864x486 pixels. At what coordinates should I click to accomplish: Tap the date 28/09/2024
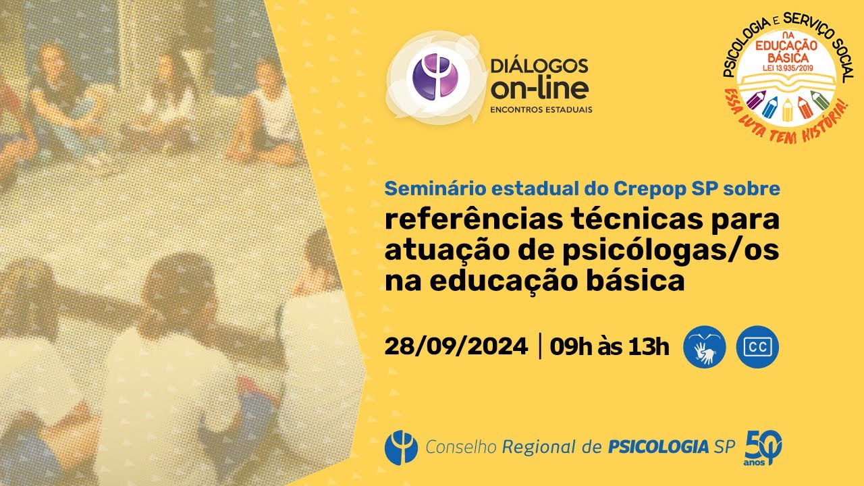pyautogui.click(x=456, y=347)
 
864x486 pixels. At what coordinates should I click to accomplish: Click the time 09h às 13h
pyautogui.click(x=610, y=347)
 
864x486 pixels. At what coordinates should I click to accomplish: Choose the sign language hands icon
pyautogui.click(x=705, y=348)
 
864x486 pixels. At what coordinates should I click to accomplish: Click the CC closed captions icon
pyautogui.click(x=757, y=348)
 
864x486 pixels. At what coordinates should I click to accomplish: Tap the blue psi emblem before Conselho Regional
pyautogui.click(x=401, y=447)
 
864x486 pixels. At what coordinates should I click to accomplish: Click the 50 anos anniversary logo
pyautogui.click(x=763, y=446)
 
